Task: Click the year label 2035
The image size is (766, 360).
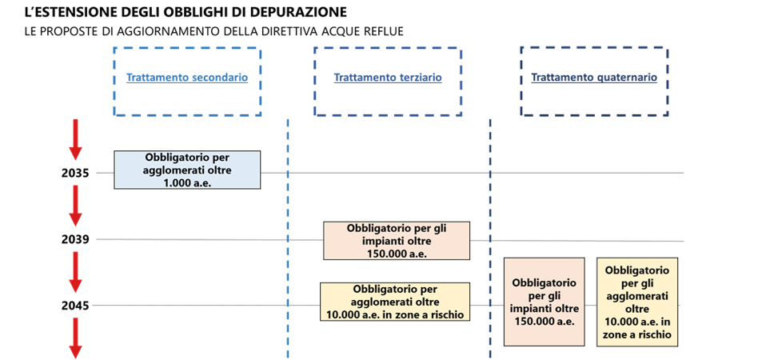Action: pos(76,173)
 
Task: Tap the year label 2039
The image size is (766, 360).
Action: pos(76,239)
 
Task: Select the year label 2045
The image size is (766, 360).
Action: pos(76,306)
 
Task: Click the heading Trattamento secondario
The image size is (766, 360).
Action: pos(187,78)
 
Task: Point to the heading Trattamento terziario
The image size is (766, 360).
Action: pos(388,78)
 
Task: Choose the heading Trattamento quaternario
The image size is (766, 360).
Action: pos(594,78)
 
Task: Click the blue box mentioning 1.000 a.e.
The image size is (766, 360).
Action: pos(187,170)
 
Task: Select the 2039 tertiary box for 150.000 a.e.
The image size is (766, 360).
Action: pos(396,240)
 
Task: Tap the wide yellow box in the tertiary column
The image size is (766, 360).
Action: pos(395,302)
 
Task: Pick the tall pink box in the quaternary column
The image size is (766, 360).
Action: pos(545,302)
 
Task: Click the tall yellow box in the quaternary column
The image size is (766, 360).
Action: pos(637,302)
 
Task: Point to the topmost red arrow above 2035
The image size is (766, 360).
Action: pos(74,139)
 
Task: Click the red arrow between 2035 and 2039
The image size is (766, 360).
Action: pos(74,206)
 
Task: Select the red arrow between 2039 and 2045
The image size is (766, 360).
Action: pos(74,272)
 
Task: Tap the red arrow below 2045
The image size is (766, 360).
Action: pos(74,338)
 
